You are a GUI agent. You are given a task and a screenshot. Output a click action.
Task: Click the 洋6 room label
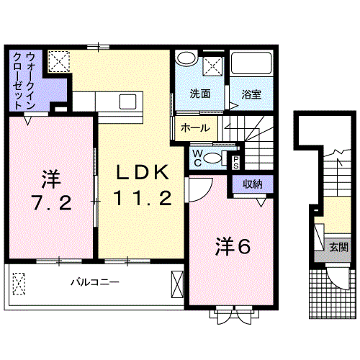tap(232, 247)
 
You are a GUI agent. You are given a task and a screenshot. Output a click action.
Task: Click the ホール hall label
tap(196, 128)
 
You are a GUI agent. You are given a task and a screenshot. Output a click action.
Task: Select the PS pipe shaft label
tap(235, 161)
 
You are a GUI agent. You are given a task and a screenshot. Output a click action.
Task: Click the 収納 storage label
tap(252, 184)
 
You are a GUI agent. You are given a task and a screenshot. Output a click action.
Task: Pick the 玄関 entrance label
tap(338, 247)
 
